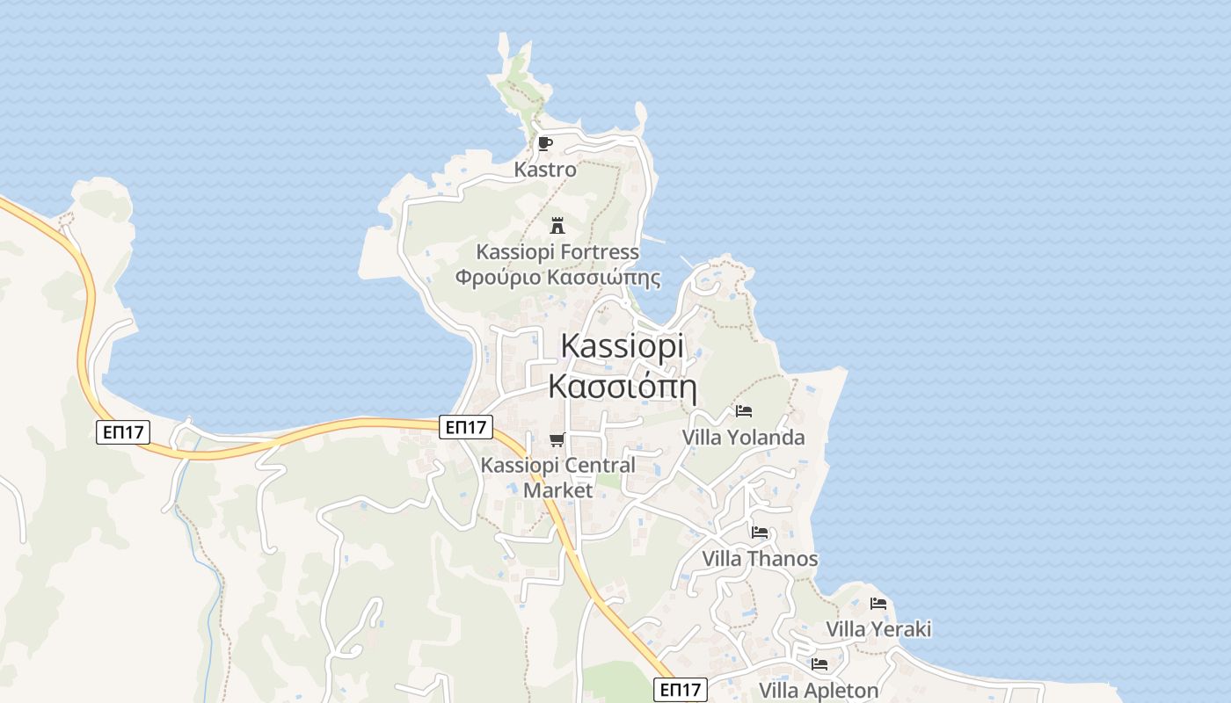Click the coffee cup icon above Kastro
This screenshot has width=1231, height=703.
[x=545, y=143]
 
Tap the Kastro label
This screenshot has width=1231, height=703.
[x=545, y=170]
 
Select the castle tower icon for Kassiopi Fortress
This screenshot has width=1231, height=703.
[x=557, y=226]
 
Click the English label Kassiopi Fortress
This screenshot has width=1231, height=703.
[x=557, y=252]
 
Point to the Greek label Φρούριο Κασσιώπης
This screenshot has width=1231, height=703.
[x=557, y=278]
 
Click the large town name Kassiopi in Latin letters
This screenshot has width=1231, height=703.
[x=622, y=346]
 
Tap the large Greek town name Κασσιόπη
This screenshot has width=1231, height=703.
[x=622, y=386]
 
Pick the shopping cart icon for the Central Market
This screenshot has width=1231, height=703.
[x=557, y=439]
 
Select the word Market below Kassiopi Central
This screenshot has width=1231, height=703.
[x=558, y=490]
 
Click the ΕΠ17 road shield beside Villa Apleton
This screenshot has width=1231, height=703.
[x=681, y=690]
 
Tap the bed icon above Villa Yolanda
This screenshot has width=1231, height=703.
[x=744, y=410]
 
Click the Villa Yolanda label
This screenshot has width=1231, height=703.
[x=744, y=437]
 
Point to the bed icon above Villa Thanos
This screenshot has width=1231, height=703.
[x=760, y=533]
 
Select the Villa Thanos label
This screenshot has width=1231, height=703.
[x=760, y=559]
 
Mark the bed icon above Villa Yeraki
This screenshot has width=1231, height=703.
[x=878, y=603]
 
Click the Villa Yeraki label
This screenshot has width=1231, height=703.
[x=878, y=629]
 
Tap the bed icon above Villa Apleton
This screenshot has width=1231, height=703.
[x=819, y=664]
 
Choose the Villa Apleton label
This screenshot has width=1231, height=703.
[x=819, y=691]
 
